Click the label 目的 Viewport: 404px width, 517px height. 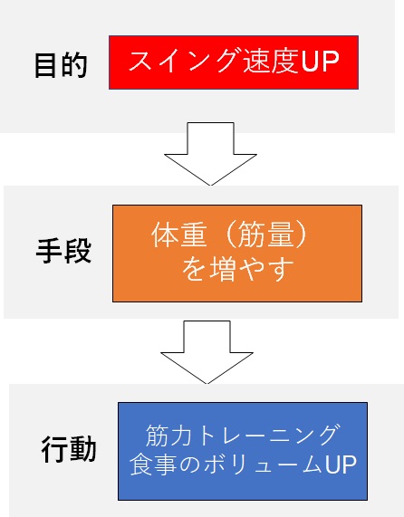61,65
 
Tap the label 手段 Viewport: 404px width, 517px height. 63,251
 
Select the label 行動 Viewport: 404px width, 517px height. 69,449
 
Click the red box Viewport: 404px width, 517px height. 234,62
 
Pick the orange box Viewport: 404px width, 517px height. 237,254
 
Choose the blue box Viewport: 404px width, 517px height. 243,451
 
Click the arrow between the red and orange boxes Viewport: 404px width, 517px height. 210,154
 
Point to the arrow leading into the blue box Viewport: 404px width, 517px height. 207,352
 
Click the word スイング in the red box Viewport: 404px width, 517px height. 183,61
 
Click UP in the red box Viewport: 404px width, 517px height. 319,62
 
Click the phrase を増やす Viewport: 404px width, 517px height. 237,270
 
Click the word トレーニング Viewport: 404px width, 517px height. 267,436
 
